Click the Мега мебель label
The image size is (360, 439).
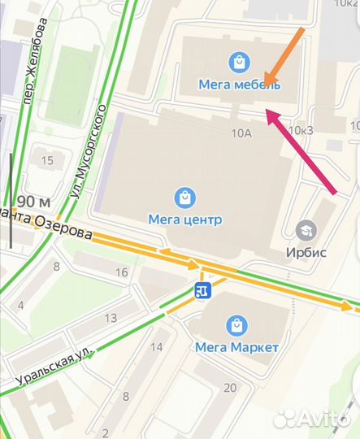240,85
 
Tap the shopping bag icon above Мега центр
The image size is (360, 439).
185,197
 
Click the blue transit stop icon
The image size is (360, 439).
202,289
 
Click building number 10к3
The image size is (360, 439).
301,130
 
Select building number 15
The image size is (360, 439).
47,160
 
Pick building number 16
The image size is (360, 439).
122,272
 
